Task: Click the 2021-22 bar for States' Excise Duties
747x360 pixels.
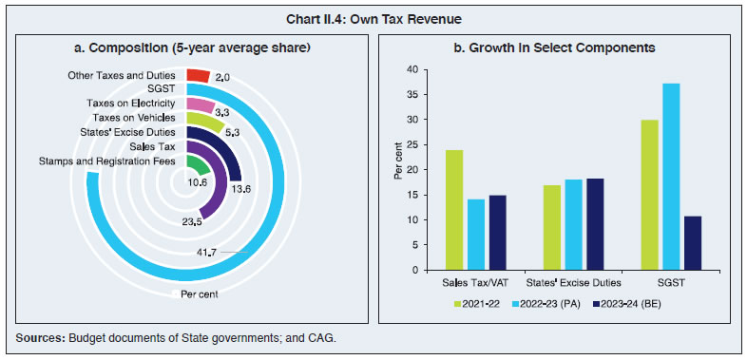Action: pos(552,227)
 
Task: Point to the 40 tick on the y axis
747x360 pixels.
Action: pos(412,69)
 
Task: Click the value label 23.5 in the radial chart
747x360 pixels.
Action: pos(194,223)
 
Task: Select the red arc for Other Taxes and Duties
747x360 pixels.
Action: pos(198,76)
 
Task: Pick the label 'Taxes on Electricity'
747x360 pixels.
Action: pos(131,104)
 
